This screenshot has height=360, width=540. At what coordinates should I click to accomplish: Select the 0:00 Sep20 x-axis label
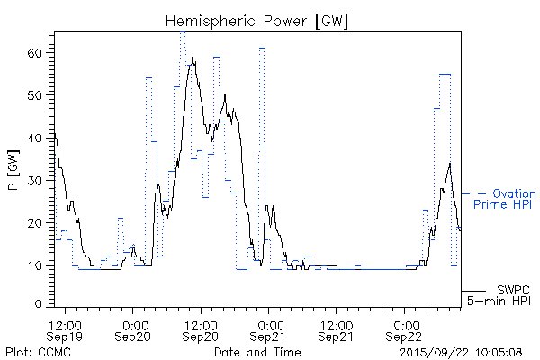coord(134,329)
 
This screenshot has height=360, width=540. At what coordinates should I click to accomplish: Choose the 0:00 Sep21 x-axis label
coord(270,329)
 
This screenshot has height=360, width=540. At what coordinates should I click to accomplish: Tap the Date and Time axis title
coord(257,351)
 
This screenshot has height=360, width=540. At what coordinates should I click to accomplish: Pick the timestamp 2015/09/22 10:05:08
coord(462,351)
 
